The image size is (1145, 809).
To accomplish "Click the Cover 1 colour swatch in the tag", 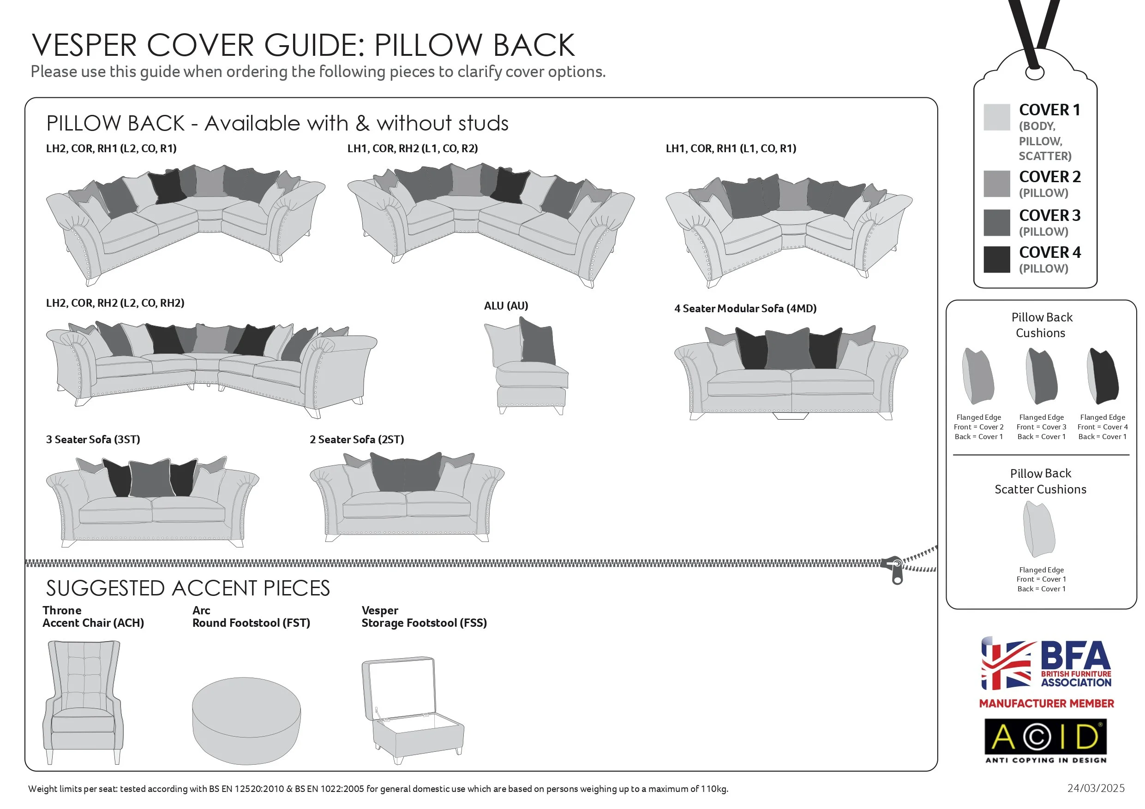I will (x=996, y=117).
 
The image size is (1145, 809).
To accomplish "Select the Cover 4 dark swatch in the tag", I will (x=996, y=259).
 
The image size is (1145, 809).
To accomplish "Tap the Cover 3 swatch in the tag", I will (x=996, y=222).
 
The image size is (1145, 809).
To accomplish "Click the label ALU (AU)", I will (x=506, y=305).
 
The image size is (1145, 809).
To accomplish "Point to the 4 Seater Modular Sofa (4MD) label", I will (x=745, y=309).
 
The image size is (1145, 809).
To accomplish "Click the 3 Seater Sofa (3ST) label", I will (x=93, y=440).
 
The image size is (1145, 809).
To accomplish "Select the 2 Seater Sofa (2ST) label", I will (x=357, y=440).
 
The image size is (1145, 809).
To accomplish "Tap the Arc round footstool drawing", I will (x=246, y=720).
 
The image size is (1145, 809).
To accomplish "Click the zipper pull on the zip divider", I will (x=896, y=570).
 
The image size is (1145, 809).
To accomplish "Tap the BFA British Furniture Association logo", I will (x=1046, y=663).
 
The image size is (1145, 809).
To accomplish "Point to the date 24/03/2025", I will (x=1096, y=788).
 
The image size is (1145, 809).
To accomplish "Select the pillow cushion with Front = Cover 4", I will (x=1103, y=376).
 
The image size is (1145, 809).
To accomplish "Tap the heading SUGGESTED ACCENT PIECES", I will (x=187, y=589).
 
